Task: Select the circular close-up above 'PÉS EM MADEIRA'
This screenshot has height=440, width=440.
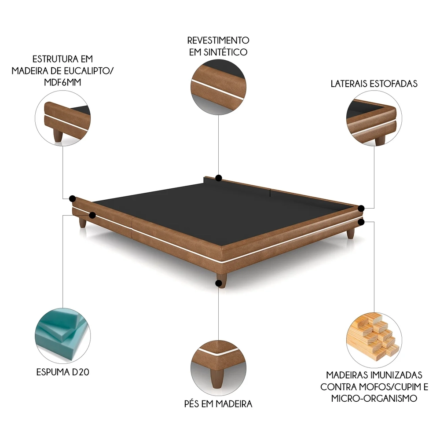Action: click(218, 366)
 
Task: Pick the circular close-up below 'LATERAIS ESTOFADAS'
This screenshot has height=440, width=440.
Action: click(374, 118)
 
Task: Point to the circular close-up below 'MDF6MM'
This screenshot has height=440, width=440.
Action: click(62, 118)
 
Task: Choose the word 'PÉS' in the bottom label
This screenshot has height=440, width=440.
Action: click(192, 403)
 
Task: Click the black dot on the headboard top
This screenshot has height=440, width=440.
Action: click(219, 178)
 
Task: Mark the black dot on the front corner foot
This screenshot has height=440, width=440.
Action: click(219, 283)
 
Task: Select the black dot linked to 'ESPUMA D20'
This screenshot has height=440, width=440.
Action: click(92, 215)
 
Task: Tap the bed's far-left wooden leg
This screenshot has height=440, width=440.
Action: click(82, 223)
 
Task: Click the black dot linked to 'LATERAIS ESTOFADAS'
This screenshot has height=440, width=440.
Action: click(361, 209)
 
